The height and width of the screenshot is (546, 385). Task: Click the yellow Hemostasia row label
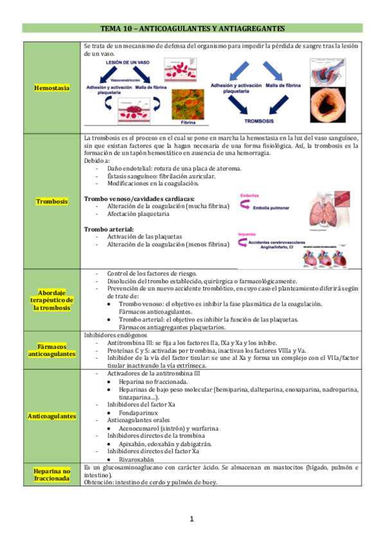[x=53, y=88]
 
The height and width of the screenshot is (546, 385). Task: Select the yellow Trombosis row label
[x=53, y=202]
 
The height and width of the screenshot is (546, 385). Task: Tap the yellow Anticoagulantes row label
[x=53, y=416]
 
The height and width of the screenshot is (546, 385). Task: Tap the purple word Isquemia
[x=247, y=234]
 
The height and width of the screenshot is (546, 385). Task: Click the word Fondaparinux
[x=138, y=411]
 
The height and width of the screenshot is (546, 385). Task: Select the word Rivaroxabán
[x=138, y=459]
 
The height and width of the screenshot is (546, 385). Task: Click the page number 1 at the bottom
[x=192, y=520]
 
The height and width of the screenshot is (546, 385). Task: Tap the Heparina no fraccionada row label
[x=53, y=476]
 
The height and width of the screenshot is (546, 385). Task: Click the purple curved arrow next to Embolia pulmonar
[x=244, y=206]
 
